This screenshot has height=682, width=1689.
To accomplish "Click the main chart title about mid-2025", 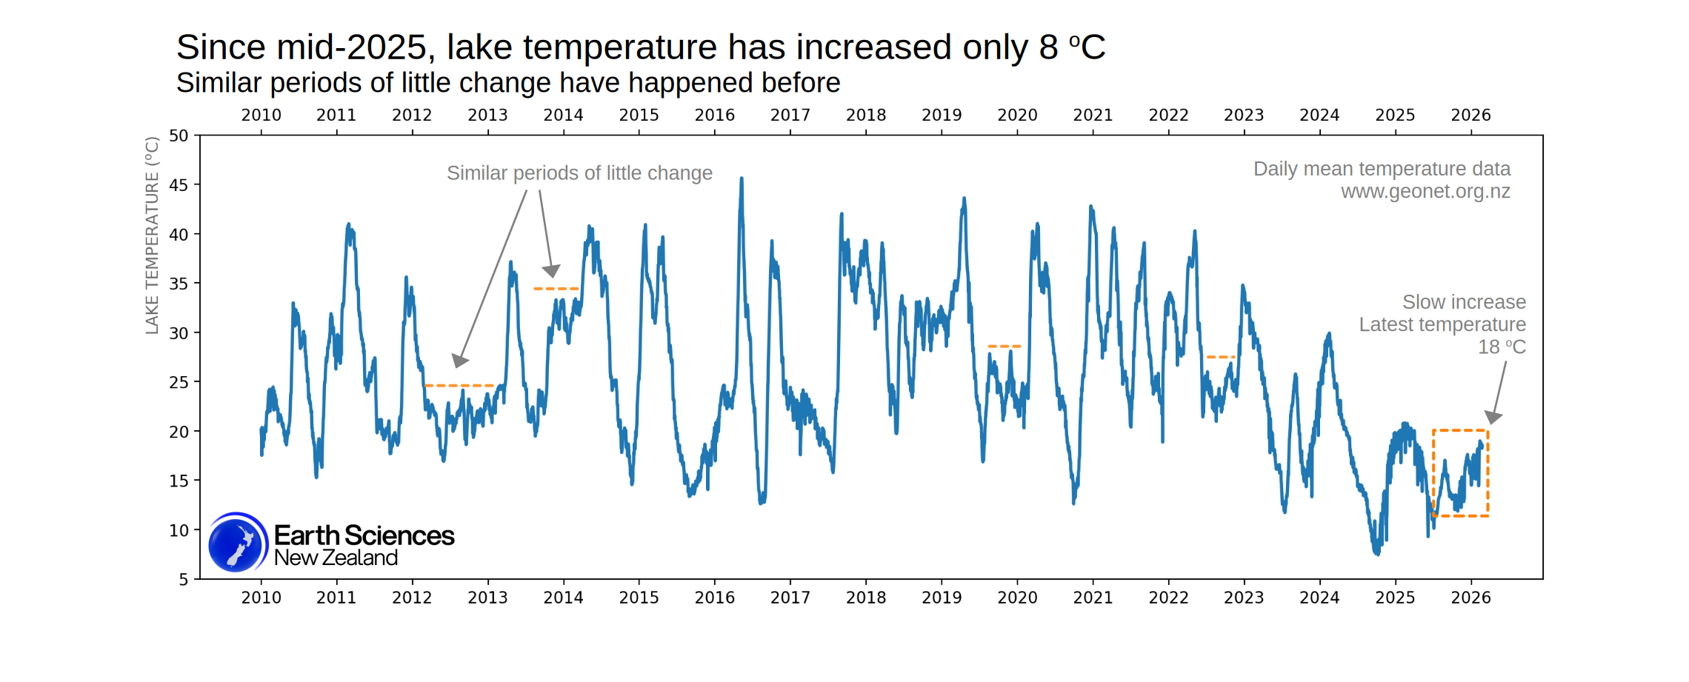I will click(x=640, y=47).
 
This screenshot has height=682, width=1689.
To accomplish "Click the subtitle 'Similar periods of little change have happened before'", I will click(x=508, y=83).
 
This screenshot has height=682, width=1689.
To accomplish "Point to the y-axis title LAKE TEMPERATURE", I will click(x=152, y=235).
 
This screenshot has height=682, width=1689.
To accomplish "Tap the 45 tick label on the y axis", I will click(x=179, y=185).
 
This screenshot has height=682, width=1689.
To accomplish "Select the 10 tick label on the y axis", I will click(x=179, y=530).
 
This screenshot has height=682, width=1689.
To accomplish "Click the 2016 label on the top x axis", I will click(x=714, y=115).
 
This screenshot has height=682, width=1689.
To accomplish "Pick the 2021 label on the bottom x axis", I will click(x=1093, y=598).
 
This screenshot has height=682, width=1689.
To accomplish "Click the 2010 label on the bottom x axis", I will click(x=261, y=598).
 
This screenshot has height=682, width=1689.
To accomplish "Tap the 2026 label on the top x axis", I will click(x=1470, y=115).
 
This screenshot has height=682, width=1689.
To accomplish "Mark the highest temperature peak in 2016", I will click(x=742, y=179).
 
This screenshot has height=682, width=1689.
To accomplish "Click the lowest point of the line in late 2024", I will click(x=1377, y=552).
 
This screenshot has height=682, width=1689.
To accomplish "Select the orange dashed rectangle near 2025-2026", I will click(x=1488, y=474).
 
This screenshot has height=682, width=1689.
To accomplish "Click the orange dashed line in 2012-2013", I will click(x=459, y=386).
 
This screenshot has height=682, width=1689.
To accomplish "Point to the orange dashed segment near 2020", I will click(x=1004, y=346).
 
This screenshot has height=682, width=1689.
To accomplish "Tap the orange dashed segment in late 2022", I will click(x=1220, y=357).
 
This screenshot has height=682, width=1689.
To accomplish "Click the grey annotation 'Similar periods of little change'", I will click(x=579, y=173).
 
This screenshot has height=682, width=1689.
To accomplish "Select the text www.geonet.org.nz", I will click(x=1425, y=192).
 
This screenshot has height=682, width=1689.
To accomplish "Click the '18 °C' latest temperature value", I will click(x=1502, y=347).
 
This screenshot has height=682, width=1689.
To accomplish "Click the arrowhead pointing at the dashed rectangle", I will click(x=1493, y=418).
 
